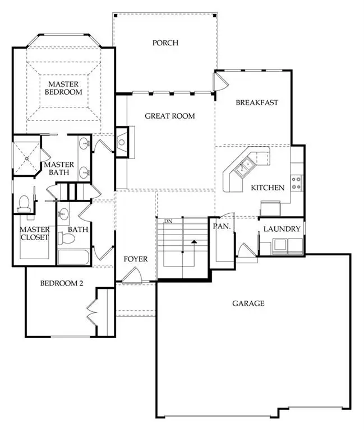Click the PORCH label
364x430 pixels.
(x=165, y=43)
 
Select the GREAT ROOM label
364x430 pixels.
(x=169, y=116)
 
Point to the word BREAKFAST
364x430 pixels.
(x=257, y=102)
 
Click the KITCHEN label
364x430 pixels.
(x=268, y=188)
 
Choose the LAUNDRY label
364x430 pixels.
(x=282, y=229)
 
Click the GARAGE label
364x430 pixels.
(x=248, y=303)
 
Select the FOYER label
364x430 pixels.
(x=136, y=259)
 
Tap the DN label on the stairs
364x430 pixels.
(x=167, y=222)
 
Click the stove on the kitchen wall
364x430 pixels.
(x=297, y=183)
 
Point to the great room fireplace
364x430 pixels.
(x=122, y=142)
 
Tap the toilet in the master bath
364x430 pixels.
(x=24, y=203)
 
